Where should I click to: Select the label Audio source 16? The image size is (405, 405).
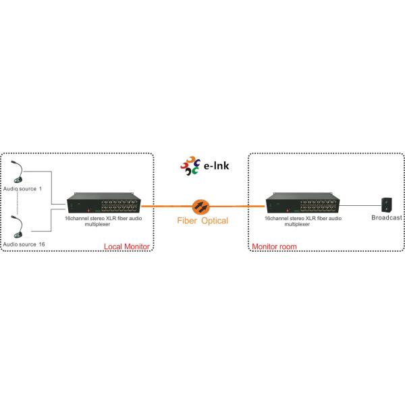[23, 243]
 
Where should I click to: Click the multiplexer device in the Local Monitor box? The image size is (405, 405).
[105, 204]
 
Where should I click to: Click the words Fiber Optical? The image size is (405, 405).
[202, 221]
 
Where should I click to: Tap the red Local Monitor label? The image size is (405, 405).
[126, 246]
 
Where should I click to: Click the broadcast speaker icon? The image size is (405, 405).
[387, 203]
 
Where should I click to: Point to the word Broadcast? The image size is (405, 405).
[387, 218]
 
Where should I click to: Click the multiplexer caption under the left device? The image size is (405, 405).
[104, 221]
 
